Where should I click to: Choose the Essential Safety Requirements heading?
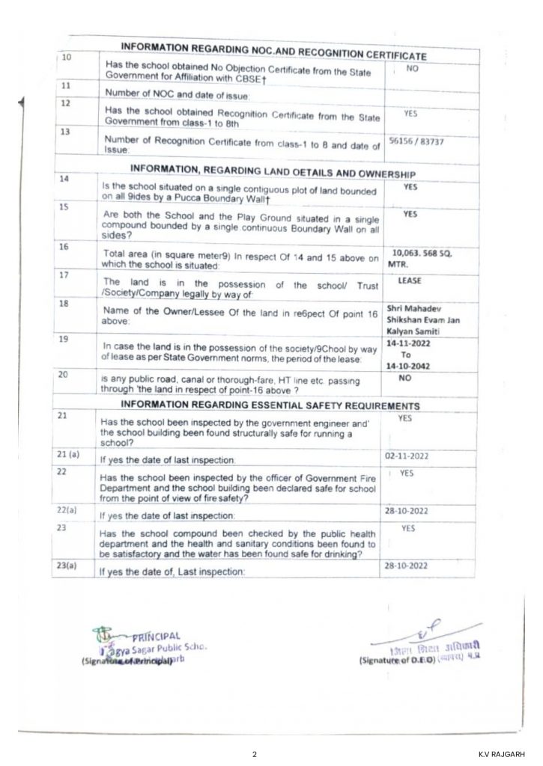pyautogui.click(x=270, y=405)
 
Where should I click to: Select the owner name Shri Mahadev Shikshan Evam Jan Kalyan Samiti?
pyautogui.click(x=416, y=319)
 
